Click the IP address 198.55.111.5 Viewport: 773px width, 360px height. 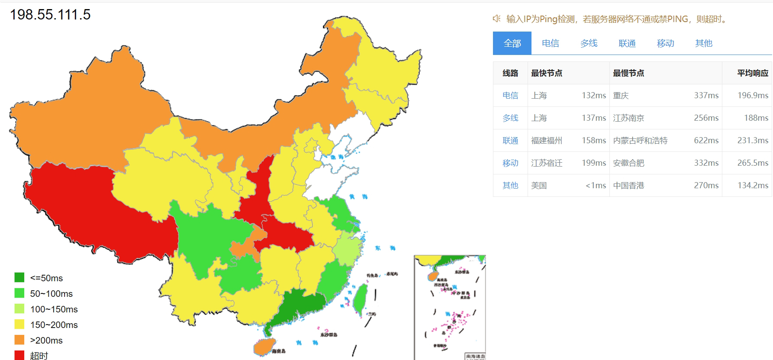coord(50,15)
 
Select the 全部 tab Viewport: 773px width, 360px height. coord(512,43)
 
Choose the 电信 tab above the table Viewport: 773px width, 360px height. coord(550,43)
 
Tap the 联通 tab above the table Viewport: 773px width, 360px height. coord(627,43)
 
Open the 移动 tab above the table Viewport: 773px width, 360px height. coord(665,43)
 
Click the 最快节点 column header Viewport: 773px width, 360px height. coord(547,73)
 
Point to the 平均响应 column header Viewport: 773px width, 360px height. coord(753,73)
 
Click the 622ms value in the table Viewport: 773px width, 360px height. coord(706,141)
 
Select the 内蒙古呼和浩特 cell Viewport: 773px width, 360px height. coord(640,141)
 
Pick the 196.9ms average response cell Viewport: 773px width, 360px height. coord(753,96)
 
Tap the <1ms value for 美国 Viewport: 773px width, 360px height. coord(596,186)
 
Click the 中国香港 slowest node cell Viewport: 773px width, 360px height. coord(628,186)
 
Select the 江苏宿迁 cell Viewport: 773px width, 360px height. coord(547,163)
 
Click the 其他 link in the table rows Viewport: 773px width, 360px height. coord(510,186)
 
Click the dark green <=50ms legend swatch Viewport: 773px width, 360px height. coord(19,277)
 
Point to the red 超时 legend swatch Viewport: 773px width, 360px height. coord(19,355)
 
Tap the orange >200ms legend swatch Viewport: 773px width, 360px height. coord(19,340)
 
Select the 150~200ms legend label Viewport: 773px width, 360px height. coord(54,325)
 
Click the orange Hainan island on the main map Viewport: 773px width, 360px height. coord(264,347)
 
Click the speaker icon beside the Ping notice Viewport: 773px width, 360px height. coord(497,19)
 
